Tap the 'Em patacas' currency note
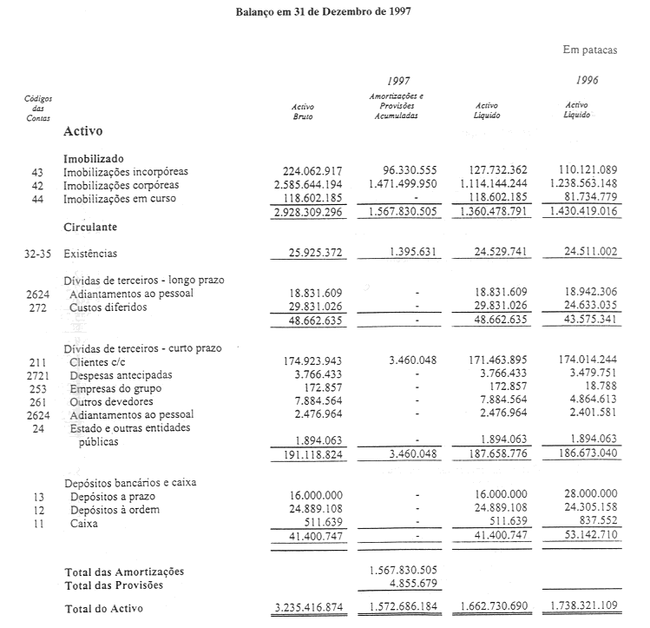pos(590,50)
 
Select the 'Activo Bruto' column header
pos(303,110)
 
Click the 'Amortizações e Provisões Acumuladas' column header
pos(396,104)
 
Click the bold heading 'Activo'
pos(83,132)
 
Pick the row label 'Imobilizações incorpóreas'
pos(126,172)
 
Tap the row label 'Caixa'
pos(85,523)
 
